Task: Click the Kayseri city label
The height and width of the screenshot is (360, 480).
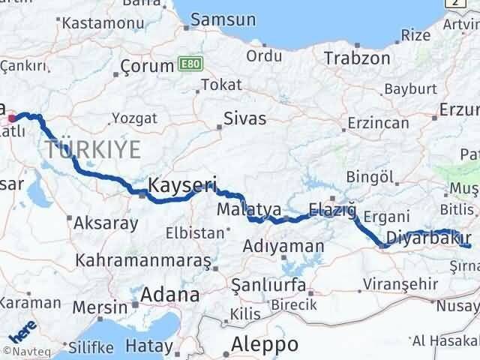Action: tap(183, 184)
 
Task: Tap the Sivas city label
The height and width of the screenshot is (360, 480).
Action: tap(247, 118)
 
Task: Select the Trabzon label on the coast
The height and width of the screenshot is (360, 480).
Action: tap(357, 58)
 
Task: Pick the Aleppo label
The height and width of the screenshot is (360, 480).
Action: tap(265, 344)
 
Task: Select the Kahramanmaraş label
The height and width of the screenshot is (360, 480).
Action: tap(144, 261)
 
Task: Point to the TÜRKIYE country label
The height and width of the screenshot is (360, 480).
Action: tap(92, 150)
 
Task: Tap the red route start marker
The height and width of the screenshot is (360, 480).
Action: tap(11, 118)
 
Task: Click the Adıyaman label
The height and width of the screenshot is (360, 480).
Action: tap(284, 246)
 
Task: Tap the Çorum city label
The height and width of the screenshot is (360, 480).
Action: tap(148, 67)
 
